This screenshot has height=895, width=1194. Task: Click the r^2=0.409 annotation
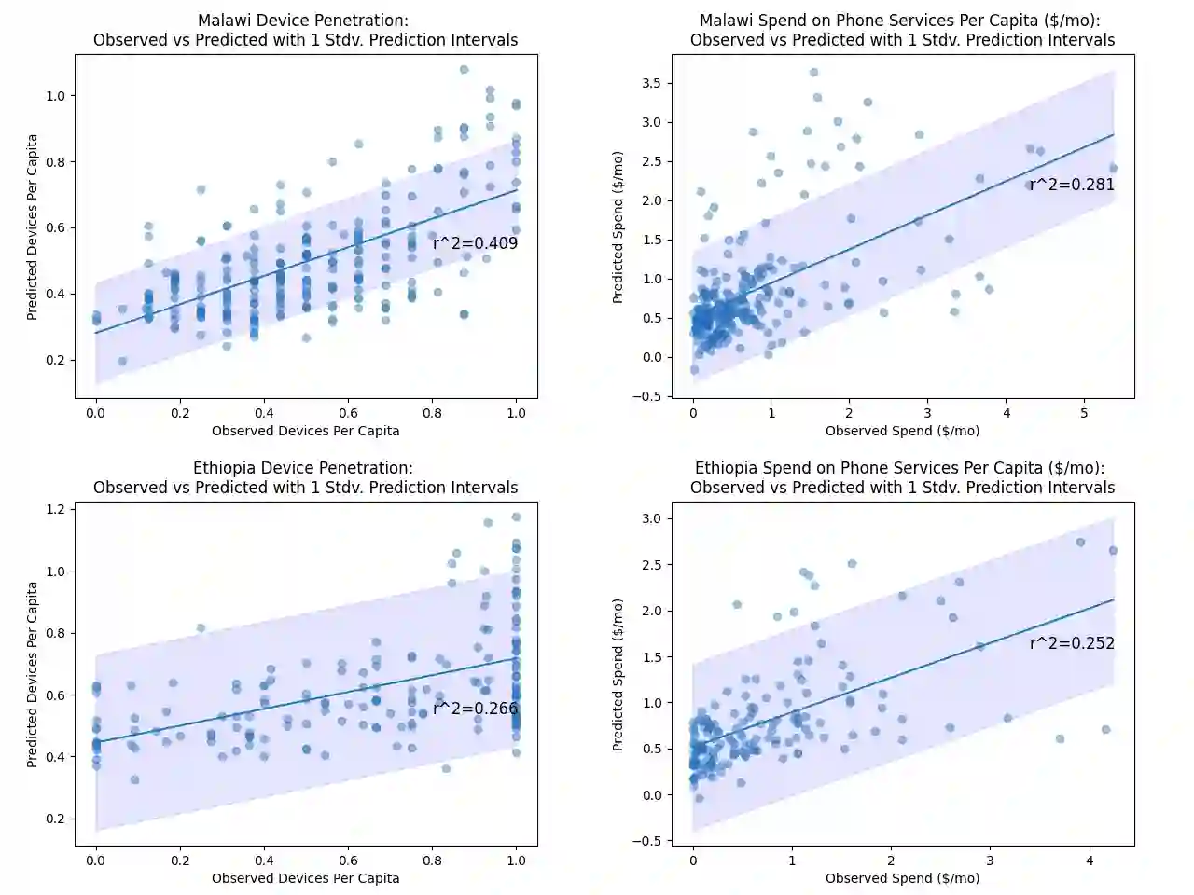475,243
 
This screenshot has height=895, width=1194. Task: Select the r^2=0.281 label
1072,185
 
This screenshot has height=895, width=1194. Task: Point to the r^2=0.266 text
475,709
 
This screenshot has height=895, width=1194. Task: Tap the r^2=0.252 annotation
1072,643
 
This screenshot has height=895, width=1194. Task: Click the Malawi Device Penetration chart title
305,30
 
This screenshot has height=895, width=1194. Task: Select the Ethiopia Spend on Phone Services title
902,477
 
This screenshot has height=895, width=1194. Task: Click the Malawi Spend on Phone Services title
902,30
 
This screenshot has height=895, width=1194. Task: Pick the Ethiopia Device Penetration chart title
305,477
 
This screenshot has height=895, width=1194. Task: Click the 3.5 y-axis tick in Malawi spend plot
651,83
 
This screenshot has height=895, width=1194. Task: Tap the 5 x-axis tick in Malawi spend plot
1084,413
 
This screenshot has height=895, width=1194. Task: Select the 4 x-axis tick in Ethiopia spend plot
1090,861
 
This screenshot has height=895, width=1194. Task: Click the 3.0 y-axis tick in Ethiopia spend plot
651,518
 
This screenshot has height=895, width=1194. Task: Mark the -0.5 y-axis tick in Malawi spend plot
647,396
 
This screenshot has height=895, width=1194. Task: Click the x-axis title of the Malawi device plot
305,431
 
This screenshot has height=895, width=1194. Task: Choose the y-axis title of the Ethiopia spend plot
618,674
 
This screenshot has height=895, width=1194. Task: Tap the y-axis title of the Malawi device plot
33,227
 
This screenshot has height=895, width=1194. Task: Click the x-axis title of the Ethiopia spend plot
902,878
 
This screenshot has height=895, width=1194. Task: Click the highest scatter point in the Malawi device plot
464,70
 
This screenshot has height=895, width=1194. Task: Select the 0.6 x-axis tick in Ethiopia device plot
348,861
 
